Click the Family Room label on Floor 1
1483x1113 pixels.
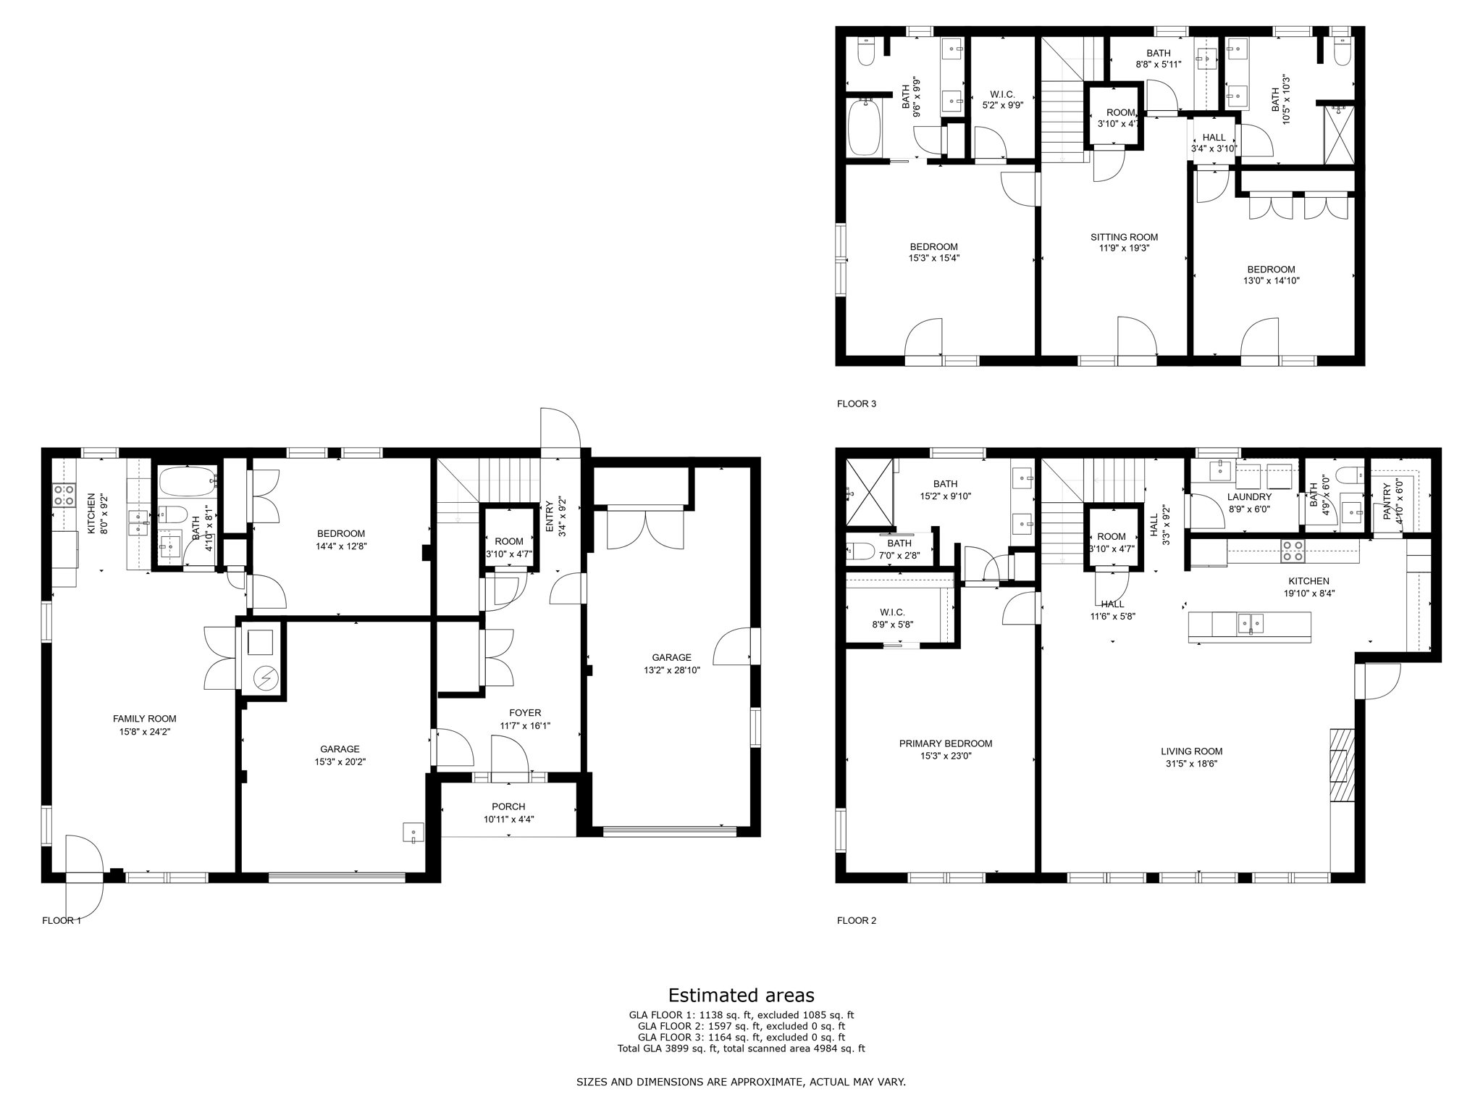click(x=144, y=719)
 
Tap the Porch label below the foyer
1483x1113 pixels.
click(x=508, y=806)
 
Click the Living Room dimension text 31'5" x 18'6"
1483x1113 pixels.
click(x=1191, y=763)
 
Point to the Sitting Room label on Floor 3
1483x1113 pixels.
click(x=1124, y=237)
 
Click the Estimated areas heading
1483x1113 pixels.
click(x=741, y=995)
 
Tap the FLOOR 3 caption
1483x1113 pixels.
click(x=856, y=404)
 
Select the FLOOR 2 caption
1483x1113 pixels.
click(x=856, y=921)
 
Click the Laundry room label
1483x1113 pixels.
click(x=1249, y=497)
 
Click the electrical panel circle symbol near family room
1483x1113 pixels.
click(x=264, y=678)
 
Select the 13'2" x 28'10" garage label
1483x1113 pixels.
click(x=671, y=664)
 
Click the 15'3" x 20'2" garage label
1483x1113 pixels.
click(x=340, y=755)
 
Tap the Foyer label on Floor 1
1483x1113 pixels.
click(x=525, y=713)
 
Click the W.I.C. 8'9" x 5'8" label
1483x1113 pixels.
click(x=892, y=618)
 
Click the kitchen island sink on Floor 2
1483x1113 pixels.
click(x=1250, y=622)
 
